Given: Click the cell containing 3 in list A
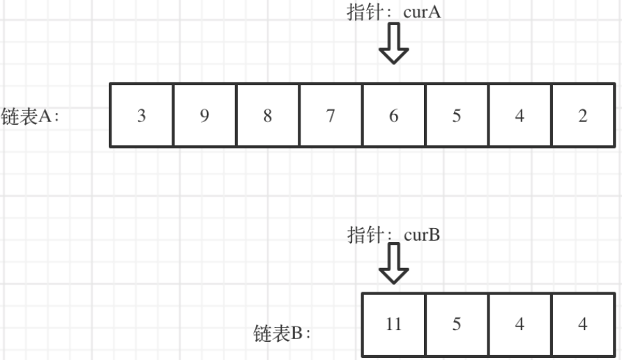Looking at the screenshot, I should [142, 116].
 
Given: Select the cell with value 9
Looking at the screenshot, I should [204, 116].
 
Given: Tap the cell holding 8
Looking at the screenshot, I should [268, 116].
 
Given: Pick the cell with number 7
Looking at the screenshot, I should [331, 116].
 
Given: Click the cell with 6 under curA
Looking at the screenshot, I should [394, 116].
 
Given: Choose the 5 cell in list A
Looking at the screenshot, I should [457, 116].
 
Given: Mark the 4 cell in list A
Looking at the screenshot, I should [519, 116].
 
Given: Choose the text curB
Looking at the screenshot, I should [422, 234].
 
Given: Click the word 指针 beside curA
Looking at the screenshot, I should [363, 14].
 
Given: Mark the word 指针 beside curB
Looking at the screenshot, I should [363, 234].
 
